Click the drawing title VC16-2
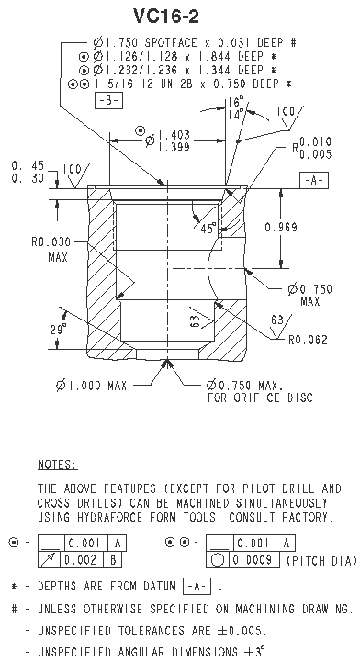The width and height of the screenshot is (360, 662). [x=166, y=17]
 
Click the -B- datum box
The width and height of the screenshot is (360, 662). [x=109, y=101]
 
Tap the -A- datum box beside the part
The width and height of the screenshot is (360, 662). [x=313, y=180]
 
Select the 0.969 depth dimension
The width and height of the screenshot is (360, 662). [x=281, y=227]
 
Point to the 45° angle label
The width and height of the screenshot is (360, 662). [x=208, y=228]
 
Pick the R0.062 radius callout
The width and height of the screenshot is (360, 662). [x=308, y=340]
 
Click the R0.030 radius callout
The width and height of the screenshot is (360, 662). [x=51, y=242]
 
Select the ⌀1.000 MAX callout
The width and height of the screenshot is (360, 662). [x=91, y=386]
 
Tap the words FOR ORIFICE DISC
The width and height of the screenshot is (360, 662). [x=260, y=398]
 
